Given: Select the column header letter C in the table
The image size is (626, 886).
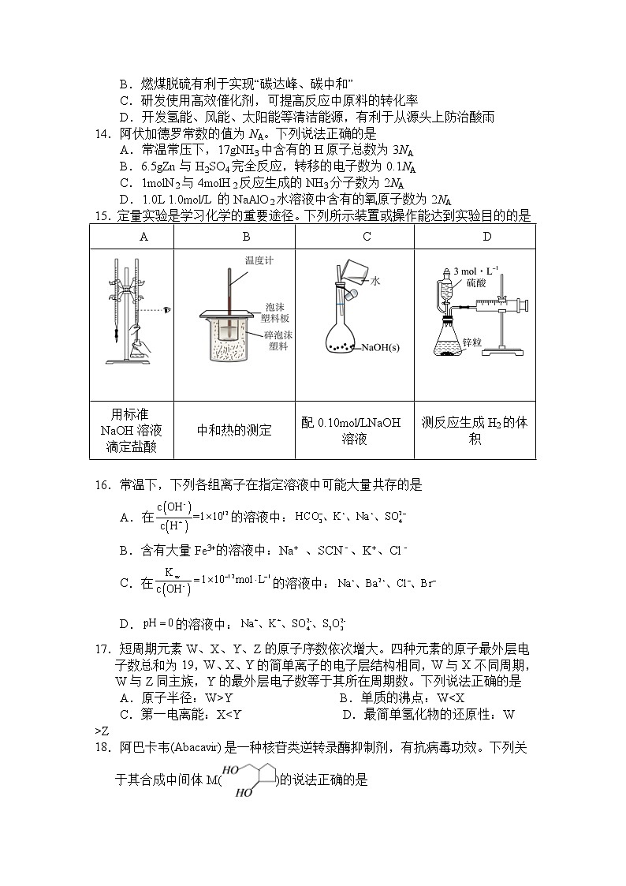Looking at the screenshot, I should click(x=367, y=237).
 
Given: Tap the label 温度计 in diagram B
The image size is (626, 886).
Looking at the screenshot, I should click(x=258, y=260).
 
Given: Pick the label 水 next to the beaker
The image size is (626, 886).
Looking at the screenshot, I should click(x=376, y=280).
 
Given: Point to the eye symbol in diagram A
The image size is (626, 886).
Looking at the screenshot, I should click(x=166, y=311).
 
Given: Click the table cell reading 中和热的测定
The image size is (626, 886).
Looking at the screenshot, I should click(x=234, y=431).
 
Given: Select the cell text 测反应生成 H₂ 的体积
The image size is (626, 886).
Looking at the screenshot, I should click(x=475, y=431).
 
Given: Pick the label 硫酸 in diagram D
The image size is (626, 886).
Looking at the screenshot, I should click(x=476, y=282).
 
